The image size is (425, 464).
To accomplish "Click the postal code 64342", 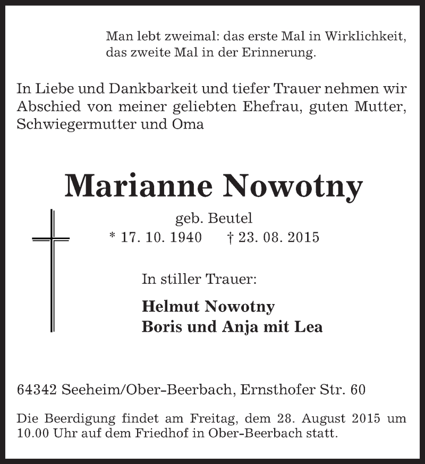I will click(x=38, y=390).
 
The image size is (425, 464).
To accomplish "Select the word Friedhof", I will click(x=172, y=434).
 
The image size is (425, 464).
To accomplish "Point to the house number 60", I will click(x=357, y=390).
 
